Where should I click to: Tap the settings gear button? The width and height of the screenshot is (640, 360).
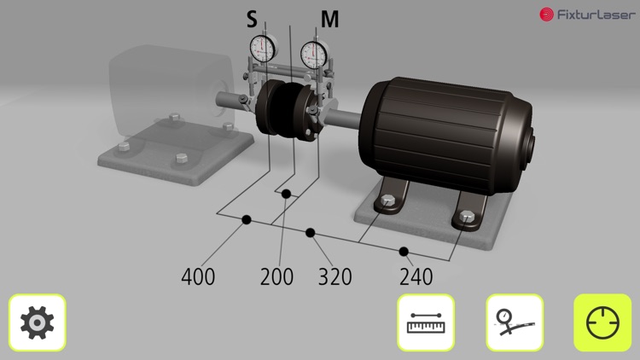pyautogui.click(x=38, y=322)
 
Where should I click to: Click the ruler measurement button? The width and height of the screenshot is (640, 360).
pyautogui.click(x=426, y=322)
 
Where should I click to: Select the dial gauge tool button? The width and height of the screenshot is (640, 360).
pyautogui.click(x=515, y=322)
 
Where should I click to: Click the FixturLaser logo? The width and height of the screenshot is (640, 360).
pyautogui.click(x=587, y=15)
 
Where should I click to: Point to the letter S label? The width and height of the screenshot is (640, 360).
pyautogui.click(x=251, y=20)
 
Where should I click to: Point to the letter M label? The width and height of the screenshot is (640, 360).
pyautogui.click(x=329, y=20)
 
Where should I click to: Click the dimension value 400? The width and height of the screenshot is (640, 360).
pyautogui.click(x=198, y=276)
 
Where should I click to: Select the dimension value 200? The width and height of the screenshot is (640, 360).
pyautogui.click(x=276, y=276)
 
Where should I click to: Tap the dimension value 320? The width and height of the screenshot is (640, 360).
pyautogui.click(x=335, y=276)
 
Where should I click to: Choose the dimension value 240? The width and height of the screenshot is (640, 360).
pyautogui.click(x=416, y=276)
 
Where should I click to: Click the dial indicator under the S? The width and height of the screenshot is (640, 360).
pyautogui.click(x=263, y=48)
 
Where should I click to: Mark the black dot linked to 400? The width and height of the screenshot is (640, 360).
pyautogui.click(x=247, y=220)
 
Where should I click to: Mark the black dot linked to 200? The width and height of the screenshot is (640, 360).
pyautogui.click(x=287, y=194)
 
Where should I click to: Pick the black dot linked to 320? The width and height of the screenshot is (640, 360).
pyautogui.click(x=311, y=232)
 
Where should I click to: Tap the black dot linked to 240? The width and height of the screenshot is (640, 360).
pyautogui.click(x=404, y=251)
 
